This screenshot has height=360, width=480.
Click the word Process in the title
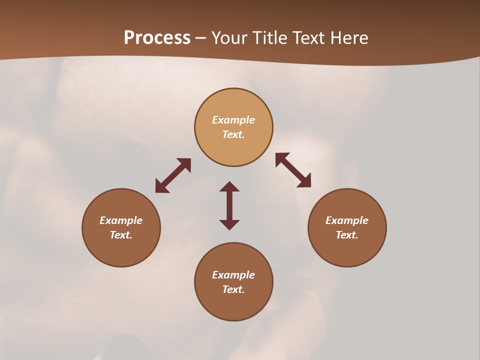click(x=157, y=38)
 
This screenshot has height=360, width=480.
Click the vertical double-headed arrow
click(x=229, y=205)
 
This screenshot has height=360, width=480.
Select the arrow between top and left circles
click(x=173, y=175)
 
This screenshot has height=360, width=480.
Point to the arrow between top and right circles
click(x=293, y=170)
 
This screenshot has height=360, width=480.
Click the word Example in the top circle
click(x=233, y=120)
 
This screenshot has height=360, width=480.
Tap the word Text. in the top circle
click(x=233, y=134)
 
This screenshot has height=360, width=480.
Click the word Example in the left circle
click(x=121, y=220)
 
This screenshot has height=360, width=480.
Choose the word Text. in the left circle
click(x=121, y=235)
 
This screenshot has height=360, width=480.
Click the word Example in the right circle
click(x=347, y=220)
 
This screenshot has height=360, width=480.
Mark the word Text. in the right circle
click(x=347, y=235)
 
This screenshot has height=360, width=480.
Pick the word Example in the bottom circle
click(x=233, y=275)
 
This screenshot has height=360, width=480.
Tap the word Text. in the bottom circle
click(x=233, y=289)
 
